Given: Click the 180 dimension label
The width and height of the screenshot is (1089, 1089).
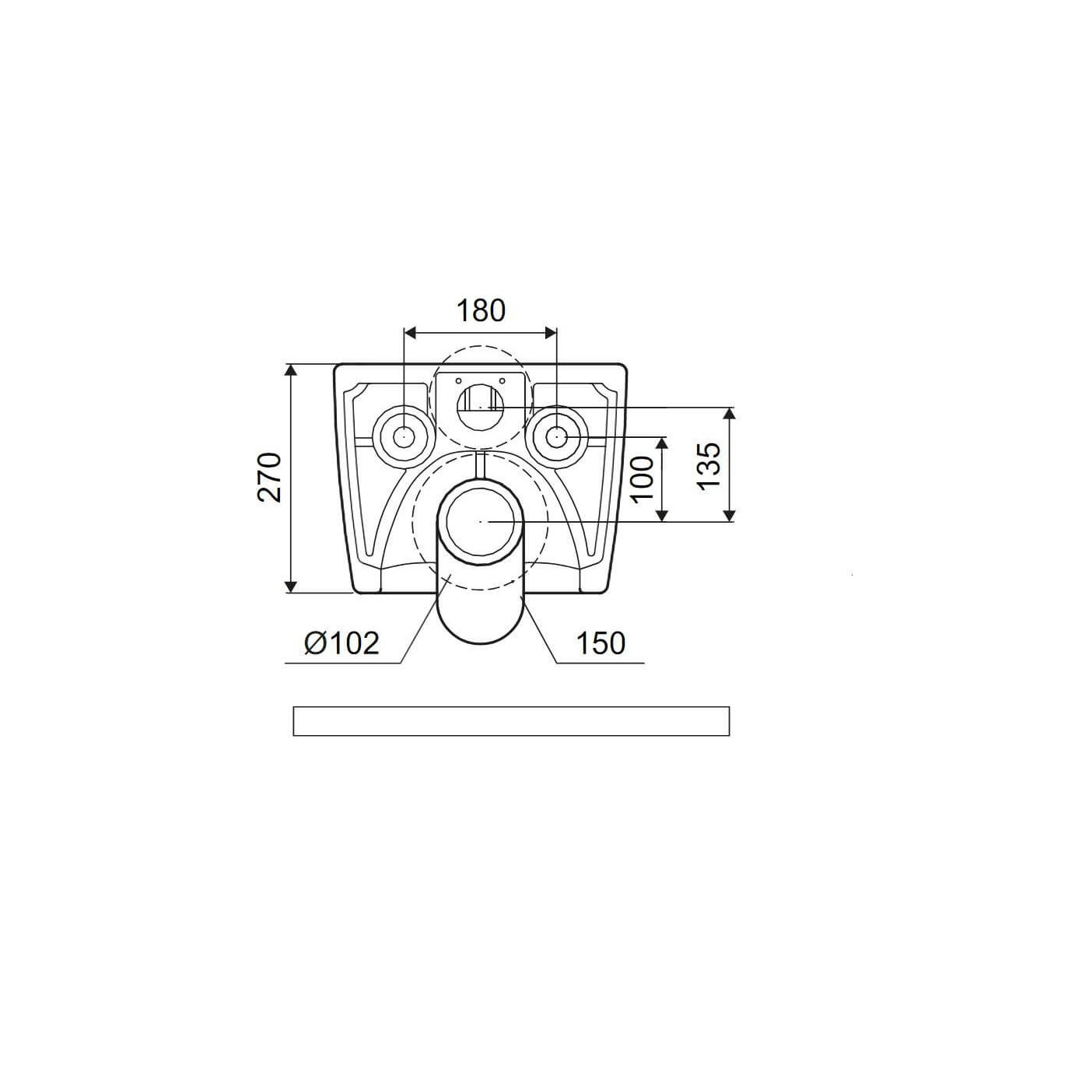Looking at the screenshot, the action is [481, 311].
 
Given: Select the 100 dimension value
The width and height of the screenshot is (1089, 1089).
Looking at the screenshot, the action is [643, 478].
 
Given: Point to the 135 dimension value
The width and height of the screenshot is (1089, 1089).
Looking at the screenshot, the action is [709, 466].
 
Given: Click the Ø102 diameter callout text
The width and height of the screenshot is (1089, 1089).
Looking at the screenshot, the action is [341, 643].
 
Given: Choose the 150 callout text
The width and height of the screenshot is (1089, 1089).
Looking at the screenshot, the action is [601, 643].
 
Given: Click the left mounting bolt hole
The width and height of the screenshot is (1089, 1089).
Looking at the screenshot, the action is [404, 437].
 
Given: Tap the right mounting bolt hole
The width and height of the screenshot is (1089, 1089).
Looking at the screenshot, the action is [557, 437].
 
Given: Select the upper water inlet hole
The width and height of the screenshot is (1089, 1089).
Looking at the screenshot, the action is [480, 406].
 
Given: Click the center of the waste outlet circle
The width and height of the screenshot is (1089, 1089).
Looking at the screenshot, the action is [480, 521].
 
